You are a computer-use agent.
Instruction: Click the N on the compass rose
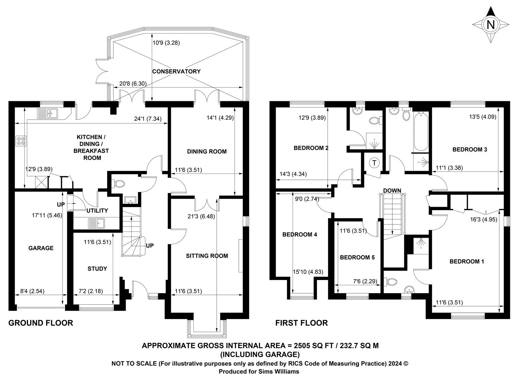(x=490, y=24)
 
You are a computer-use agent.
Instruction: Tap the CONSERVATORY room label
(x=176, y=72)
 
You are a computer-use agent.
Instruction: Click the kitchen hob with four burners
(x=21, y=141)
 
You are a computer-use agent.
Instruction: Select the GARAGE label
(x=41, y=248)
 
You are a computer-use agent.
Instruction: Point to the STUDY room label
(x=97, y=268)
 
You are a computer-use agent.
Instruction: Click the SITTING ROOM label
(x=207, y=256)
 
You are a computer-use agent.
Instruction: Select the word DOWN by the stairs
(x=392, y=191)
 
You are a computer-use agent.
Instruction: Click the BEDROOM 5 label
(x=357, y=257)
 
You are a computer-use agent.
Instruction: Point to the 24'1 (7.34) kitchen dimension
(x=148, y=119)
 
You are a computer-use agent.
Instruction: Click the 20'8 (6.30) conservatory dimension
(x=133, y=83)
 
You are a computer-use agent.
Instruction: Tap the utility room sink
(x=96, y=223)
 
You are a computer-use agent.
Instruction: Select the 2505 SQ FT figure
(x=313, y=346)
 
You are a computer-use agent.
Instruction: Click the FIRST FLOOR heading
(x=302, y=323)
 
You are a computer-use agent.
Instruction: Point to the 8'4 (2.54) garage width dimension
(x=32, y=291)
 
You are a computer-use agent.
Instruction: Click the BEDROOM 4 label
(x=300, y=235)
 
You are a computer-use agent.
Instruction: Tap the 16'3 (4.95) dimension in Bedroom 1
(x=483, y=220)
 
